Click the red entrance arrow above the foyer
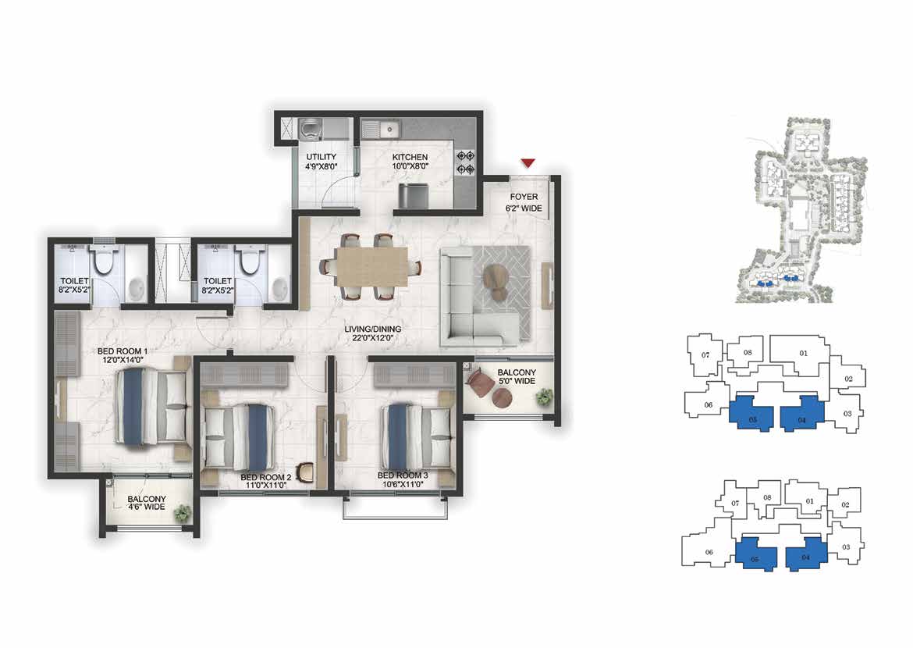pos(528,163)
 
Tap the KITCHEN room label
pos(410,158)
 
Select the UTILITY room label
pos(322,157)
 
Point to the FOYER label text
pos(524,197)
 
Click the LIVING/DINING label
pos(373,329)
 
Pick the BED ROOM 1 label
pos(123,351)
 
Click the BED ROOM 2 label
pos(265,477)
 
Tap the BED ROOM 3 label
pos(403,475)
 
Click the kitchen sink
pos(382,128)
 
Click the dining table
pos(371,267)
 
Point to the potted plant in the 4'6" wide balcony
pos(183,513)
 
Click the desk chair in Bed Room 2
pos(304,472)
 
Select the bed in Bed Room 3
pos(417,433)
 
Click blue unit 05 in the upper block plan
pos(751,414)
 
